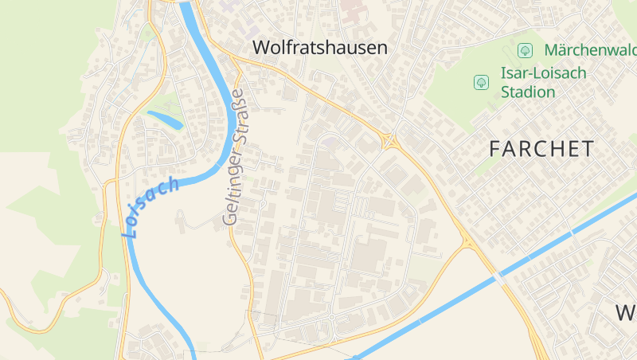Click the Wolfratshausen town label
point(319,48)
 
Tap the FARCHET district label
point(541,148)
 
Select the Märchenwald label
point(590,50)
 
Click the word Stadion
point(528,92)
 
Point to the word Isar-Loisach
point(543,72)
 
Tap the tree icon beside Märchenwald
point(525,50)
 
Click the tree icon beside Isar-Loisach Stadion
point(481,81)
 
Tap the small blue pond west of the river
point(165,119)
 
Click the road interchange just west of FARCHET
point(391,141)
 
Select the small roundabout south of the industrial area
point(331,317)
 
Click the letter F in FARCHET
point(496,148)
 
